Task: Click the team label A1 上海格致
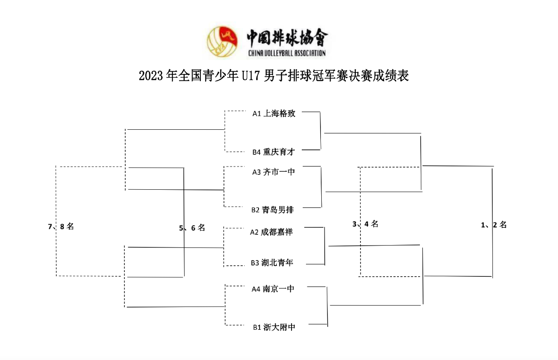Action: point(274,113)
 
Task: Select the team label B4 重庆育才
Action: point(274,151)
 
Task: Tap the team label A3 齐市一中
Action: point(274,172)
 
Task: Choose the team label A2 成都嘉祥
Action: point(272,232)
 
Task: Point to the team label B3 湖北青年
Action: point(272,263)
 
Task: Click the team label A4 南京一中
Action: point(273,289)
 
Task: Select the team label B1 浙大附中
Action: point(274,327)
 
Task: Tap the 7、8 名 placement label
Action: point(61,227)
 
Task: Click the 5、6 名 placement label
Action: point(192,228)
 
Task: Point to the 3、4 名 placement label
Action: point(365,224)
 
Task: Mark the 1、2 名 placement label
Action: point(494,225)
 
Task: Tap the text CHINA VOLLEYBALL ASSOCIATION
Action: point(287,53)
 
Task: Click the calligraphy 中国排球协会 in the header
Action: point(287,37)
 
